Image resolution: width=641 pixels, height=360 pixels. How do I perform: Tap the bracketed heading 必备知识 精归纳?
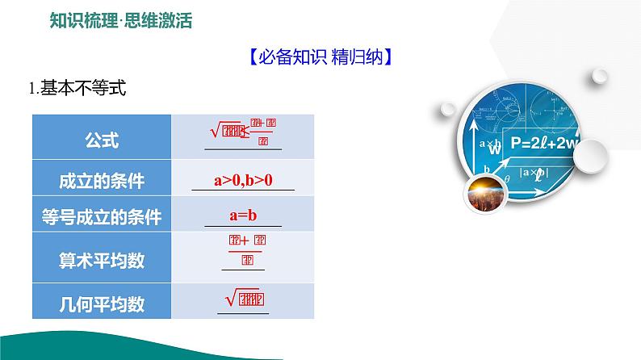[x=320, y=57]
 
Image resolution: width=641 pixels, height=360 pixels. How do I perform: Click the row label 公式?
[x=102, y=140]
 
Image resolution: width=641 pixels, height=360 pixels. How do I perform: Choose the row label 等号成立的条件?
[x=102, y=216]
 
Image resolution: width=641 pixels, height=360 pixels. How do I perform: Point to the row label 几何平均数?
[x=102, y=303]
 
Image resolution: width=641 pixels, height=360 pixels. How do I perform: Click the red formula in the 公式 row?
[x=242, y=131]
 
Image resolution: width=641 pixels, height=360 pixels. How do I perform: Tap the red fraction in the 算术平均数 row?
[x=242, y=249]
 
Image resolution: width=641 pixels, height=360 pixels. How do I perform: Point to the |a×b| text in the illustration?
[x=533, y=171]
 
